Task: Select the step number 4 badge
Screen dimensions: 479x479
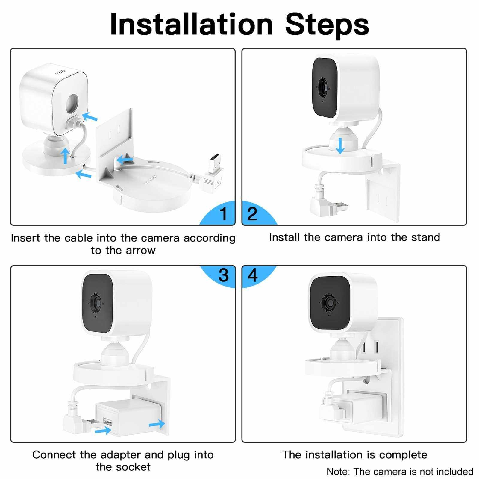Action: tap(258, 276)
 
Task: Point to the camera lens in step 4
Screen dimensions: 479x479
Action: tap(328, 303)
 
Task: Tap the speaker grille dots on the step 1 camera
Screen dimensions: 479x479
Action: tap(60, 72)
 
